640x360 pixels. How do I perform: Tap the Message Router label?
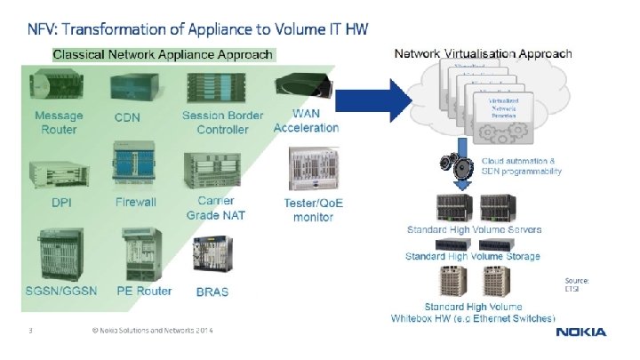click(59, 123)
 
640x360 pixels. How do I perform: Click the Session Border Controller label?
click(222, 123)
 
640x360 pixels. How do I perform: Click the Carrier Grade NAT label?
click(216, 208)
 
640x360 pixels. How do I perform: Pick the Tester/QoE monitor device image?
click(312, 169)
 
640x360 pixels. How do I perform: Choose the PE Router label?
click(143, 291)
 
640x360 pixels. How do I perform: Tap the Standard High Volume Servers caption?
click(474, 230)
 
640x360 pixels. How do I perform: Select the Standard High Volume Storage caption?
click(472, 257)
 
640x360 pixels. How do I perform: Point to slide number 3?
click(30, 332)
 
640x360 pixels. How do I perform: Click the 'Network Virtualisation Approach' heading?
click(483, 54)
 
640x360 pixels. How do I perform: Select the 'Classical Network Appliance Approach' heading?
click(163, 55)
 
